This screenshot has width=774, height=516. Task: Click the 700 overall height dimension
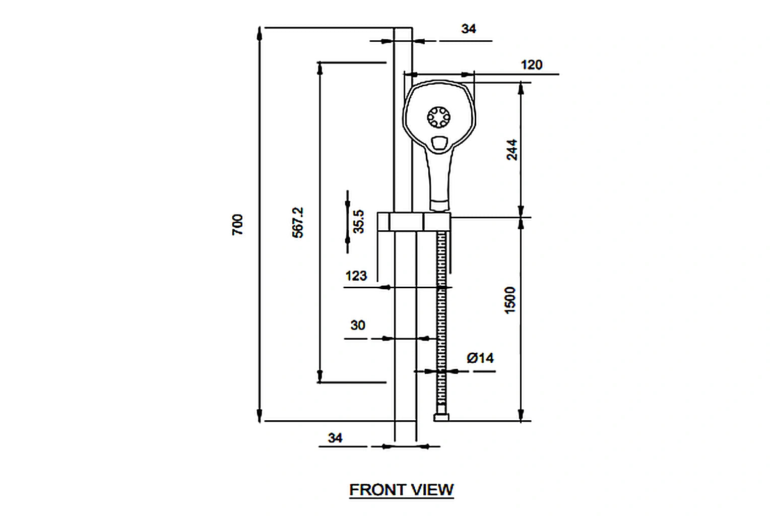point(237,224)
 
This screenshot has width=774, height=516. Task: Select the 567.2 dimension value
point(298,222)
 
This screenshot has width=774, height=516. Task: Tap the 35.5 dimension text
point(358,222)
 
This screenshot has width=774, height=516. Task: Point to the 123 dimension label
point(356,276)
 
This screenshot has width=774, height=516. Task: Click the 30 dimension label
point(358,326)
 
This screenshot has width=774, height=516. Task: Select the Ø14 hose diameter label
point(480,358)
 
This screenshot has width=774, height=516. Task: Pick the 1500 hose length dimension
point(510,300)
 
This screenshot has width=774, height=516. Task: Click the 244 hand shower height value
point(511,150)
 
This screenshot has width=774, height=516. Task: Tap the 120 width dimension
point(531,65)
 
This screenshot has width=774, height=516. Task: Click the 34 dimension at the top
point(469,29)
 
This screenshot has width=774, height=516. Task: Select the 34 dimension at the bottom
point(335,438)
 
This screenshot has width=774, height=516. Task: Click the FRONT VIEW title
point(401,490)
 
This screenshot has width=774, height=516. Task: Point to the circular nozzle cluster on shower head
point(438,117)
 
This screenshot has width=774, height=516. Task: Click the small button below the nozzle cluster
point(439,143)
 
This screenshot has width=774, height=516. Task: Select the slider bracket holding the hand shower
point(414,222)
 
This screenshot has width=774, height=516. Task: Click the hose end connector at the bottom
point(441,417)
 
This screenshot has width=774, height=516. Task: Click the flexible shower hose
point(442,322)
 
